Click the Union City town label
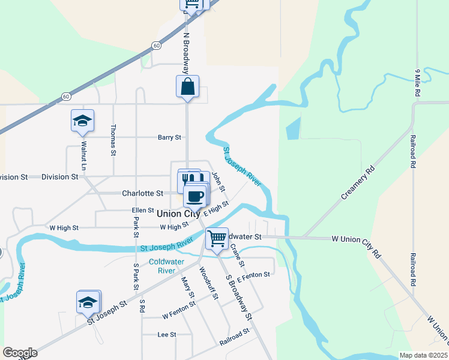pos(178,214)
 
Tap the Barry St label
pos(169,137)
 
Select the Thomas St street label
pos(113,140)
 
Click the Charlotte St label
pos(142,194)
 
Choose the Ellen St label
pos(143,211)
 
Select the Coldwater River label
pos(161,266)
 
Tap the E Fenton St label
pos(253,277)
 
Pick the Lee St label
pos(166,334)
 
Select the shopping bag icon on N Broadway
pos(187,86)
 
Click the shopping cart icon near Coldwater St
pos(217,238)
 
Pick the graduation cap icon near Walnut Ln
pos(82,121)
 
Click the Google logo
pos(20,353)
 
